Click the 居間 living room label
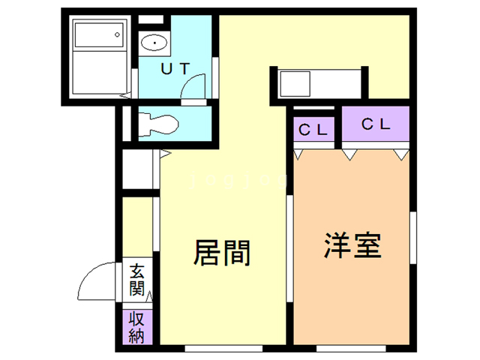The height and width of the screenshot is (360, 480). click(x=222, y=253)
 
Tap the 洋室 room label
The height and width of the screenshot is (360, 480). click(x=353, y=245)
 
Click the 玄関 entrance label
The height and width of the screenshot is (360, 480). click(x=136, y=278)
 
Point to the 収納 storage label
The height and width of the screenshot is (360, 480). click(x=136, y=326)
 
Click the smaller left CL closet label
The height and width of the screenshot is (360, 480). click(x=314, y=129)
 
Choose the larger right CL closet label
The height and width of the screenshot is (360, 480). click(x=376, y=125)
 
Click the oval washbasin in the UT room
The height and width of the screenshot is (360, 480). click(x=154, y=43)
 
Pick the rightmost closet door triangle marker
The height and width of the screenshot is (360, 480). click(x=400, y=154)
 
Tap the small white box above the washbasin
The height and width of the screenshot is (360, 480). click(x=151, y=18)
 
